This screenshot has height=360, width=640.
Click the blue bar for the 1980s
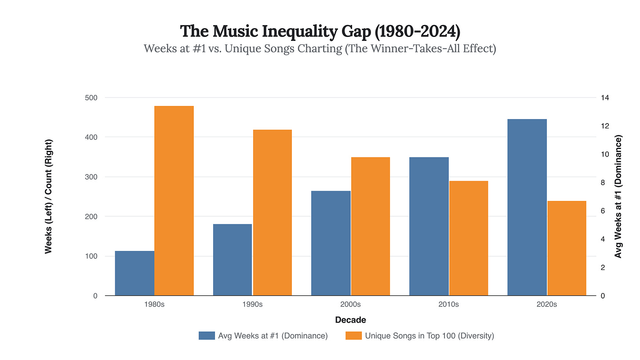coord(135,273)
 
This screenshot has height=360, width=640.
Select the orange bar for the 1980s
coord(174,200)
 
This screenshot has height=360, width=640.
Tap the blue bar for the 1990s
coord(233,260)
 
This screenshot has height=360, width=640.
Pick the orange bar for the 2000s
coord(370,226)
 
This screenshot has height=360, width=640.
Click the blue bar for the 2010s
coord(429,226)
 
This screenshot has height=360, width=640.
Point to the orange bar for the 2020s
coord(567,248)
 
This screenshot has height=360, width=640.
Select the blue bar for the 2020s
coord(527,207)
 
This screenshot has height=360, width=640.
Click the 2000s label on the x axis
coord(350,305)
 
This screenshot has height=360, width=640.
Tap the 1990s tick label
coord(252,305)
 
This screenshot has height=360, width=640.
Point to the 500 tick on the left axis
coord(91,98)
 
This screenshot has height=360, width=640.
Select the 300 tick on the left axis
coord(91,177)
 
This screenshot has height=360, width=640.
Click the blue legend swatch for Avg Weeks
coord(206,336)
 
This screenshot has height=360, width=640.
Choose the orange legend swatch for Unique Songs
coord(353,336)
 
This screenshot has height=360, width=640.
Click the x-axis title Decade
coord(350,320)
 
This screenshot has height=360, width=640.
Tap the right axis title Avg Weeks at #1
coord(618,196)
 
